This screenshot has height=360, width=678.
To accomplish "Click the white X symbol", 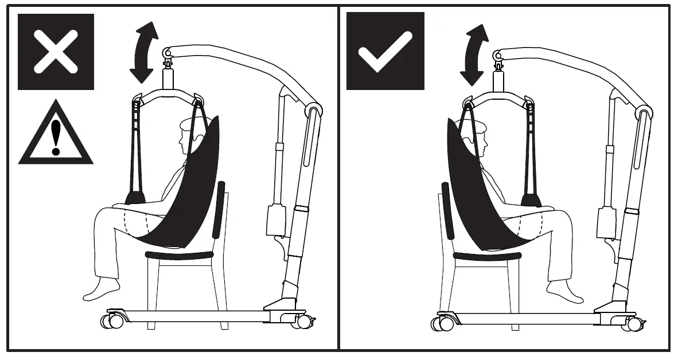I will click(x=56, y=52).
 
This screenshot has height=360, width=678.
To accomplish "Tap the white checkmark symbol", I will click(x=385, y=51).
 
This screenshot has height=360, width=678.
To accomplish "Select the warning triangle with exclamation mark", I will click(x=56, y=135).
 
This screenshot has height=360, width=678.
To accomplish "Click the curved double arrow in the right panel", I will click(x=474, y=54).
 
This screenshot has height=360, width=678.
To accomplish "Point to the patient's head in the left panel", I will click(x=192, y=135).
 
